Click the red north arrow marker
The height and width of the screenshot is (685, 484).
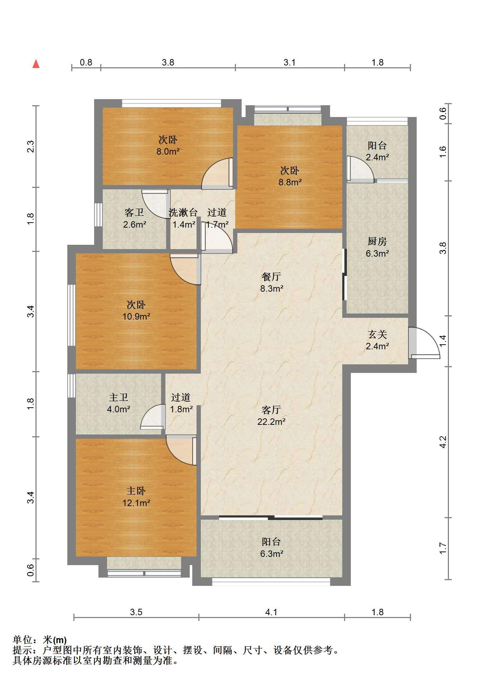pyautogui.click(x=36, y=64)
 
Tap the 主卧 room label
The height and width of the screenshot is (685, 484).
pyautogui.click(x=136, y=491)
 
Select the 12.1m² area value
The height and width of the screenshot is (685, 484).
pyautogui.click(x=136, y=503)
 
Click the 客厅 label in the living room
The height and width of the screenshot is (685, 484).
pyautogui.click(x=271, y=409)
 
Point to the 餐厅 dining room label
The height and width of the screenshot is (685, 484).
pyautogui.click(x=271, y=277)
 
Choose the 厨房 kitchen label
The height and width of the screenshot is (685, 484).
pyautogui.click(x=377, y=242)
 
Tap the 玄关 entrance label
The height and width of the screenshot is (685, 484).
pyautogui.click(x=378, y=335)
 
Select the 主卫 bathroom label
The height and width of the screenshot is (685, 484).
pyautogui.click(x=118, y=397)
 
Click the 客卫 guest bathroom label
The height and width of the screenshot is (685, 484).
pyautogui.click(x=134, y=213)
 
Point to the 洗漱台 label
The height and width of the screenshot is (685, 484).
pyautogui.click(x=183, y=213)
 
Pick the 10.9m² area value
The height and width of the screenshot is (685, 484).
pyautogui.click(x=136, y=316)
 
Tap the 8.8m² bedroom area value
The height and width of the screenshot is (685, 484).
pyautogui.click(x=290, y=182)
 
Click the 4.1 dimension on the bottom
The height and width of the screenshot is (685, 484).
pyautogui.click(x=271, y=612)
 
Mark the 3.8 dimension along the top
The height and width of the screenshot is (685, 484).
pyautogui.click(x=168, y=63)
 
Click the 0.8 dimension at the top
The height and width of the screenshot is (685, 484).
pyautogui.click(x=86, y=63)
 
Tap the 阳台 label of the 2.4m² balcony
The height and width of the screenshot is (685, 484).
pyautogui.click(x=377, y=146)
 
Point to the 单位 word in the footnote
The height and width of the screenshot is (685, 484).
pyautogui.click(x=22, y=640)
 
